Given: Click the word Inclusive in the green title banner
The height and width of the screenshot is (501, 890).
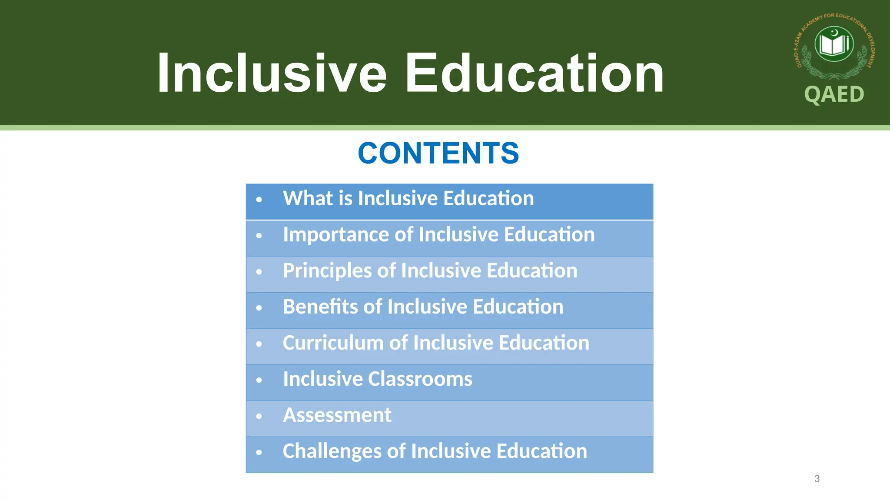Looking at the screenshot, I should pyautogui.click(x=272, y=73).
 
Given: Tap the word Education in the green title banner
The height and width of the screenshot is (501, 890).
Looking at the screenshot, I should pyautogui.click(x=535, y=73).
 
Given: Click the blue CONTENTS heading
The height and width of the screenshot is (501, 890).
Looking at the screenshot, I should pyautogui.click(x=438, y=153).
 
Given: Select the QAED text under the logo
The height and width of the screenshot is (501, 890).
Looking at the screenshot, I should pyautogui.click(x=834, y=94).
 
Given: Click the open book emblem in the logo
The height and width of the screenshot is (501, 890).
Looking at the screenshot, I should pyautogui.click(x=834, y=44).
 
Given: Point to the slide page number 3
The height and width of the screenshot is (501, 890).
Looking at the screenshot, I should pyautogui.click(x=817, y=479).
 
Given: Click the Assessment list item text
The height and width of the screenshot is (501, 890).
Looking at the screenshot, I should pyautogui.click(x=337, y=415).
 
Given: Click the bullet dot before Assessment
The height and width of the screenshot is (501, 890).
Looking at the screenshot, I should pyautogui.click(x=259, y=416).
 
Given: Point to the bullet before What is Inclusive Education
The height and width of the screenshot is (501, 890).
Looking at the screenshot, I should pyautogui.click(x=259, y=200).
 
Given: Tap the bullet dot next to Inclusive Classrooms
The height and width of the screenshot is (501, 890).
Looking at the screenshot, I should pyautogui.click(x=259, y=380).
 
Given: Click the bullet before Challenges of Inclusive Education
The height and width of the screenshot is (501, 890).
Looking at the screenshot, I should pyautogui.click(x=259, y=452).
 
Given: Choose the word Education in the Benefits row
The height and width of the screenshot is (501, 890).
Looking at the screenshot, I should pyautogui.click(x=518, y=307).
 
